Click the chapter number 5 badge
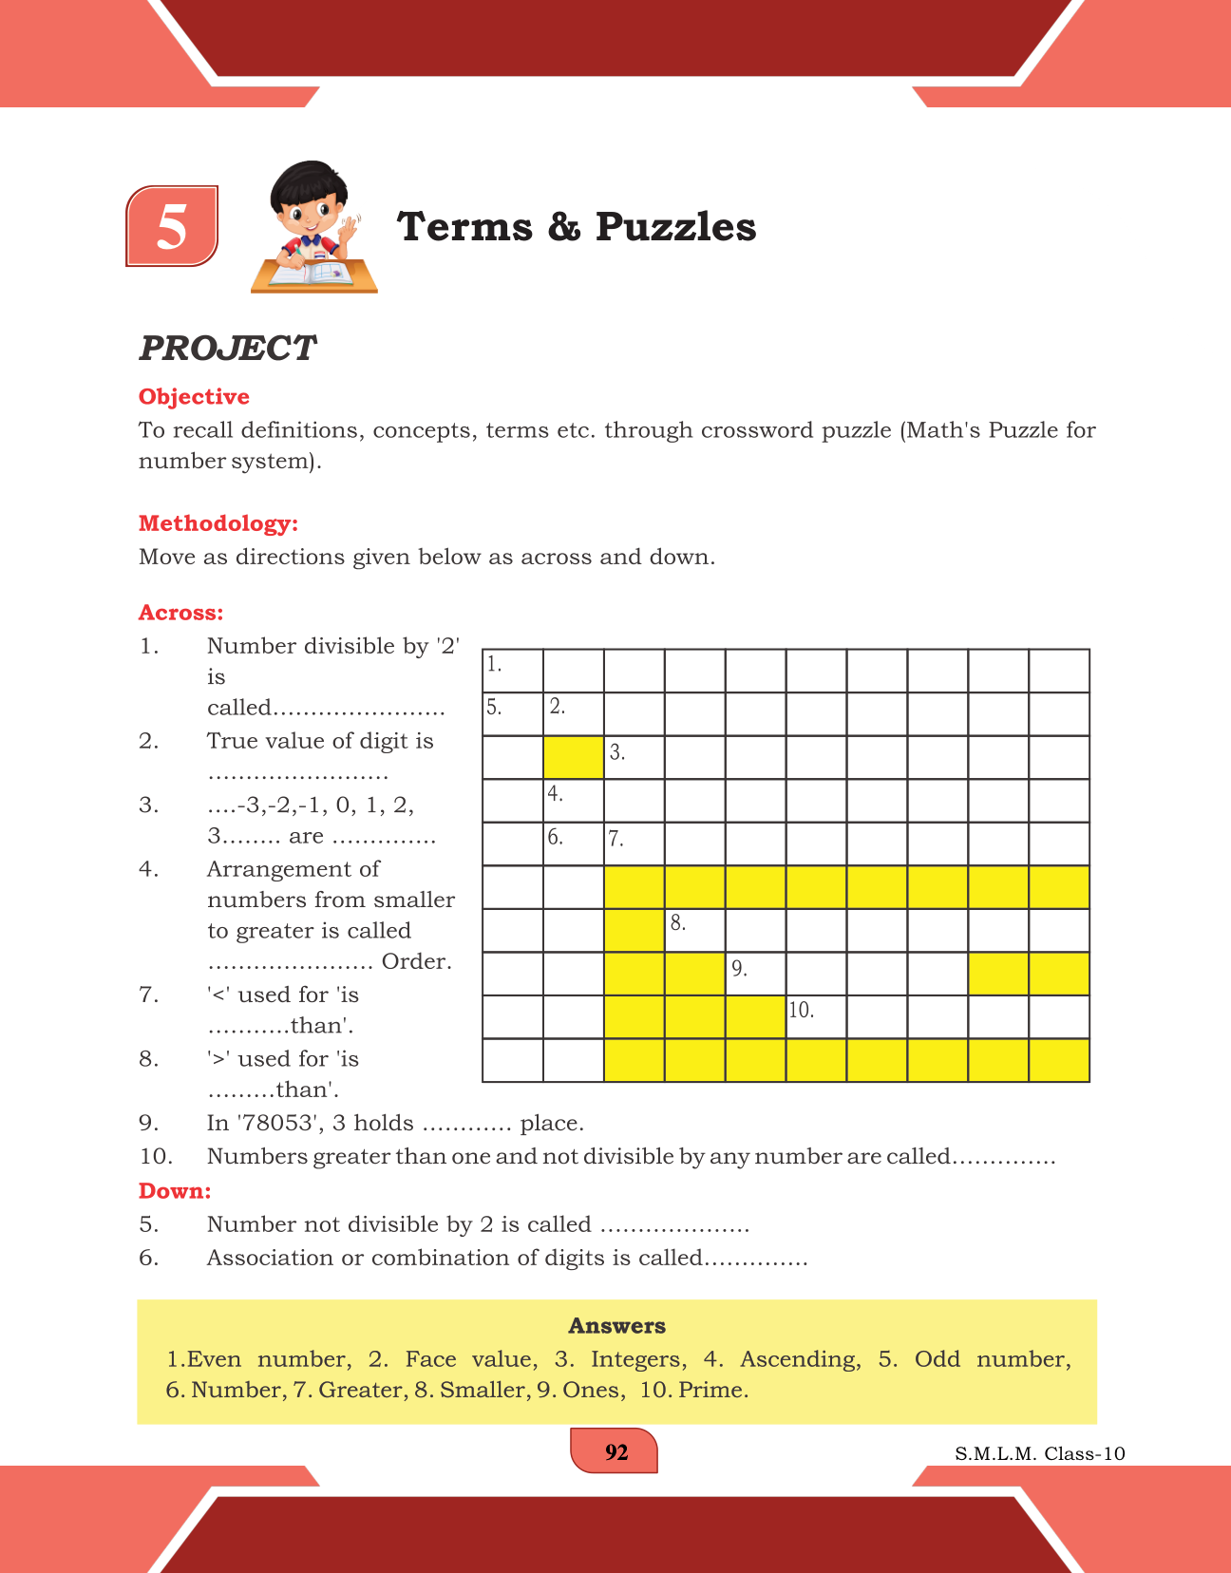(x=172, y=226)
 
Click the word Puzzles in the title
(x=675, y=227)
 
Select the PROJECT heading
(x=227, y=349)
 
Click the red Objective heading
(x=194, y=397)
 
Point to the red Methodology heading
(x=218, y=523)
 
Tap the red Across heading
(x=181, y=613)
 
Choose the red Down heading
(x=175, y=1191)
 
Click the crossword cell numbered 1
(x=513, y=672)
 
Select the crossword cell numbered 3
(x=634, y=758)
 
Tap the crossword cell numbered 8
(x=695, y=931)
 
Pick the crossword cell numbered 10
(x=816, y=1017)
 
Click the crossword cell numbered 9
(x=756, y=974)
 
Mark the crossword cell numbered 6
(x=574, y=844)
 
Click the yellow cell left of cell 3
(x=574, y=758)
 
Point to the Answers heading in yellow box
(x=616, y=1326)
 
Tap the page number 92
(x=615, y=1452)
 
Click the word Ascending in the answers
(x=800, y=1359)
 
